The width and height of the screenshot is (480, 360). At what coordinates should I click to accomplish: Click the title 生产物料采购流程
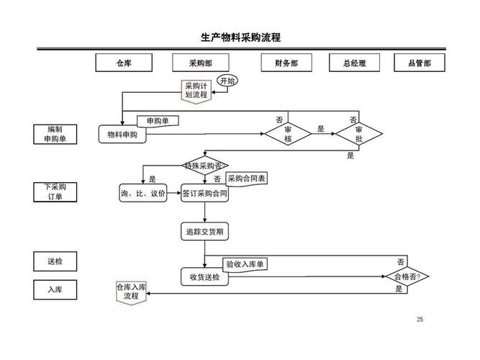point(240,37)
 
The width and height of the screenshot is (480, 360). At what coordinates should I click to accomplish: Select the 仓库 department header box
point(124,63)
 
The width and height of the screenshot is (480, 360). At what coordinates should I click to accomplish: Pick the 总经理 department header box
point(354,63)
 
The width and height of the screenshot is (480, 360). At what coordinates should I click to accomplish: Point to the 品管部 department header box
point(419,63)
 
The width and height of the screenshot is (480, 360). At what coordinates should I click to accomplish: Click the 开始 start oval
point(228,80)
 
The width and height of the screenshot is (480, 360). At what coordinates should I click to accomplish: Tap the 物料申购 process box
point(122,135)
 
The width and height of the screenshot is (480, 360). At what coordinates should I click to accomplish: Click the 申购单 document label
point(158,121)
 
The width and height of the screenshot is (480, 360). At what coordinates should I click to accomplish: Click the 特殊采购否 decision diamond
point(205,166)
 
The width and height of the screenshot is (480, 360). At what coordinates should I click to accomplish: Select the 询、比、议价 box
point(143,194)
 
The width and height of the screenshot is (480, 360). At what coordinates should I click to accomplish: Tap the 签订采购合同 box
point(205,194)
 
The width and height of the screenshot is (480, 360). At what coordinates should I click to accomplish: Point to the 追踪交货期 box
point(205,231)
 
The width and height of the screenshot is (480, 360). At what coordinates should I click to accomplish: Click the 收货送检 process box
point(205,277)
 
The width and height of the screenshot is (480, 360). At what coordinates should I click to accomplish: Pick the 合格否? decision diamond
point(407,276)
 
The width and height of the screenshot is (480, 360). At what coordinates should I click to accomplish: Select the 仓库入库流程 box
point(131,292)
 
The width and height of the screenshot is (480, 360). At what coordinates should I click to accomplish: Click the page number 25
point(420,320)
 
